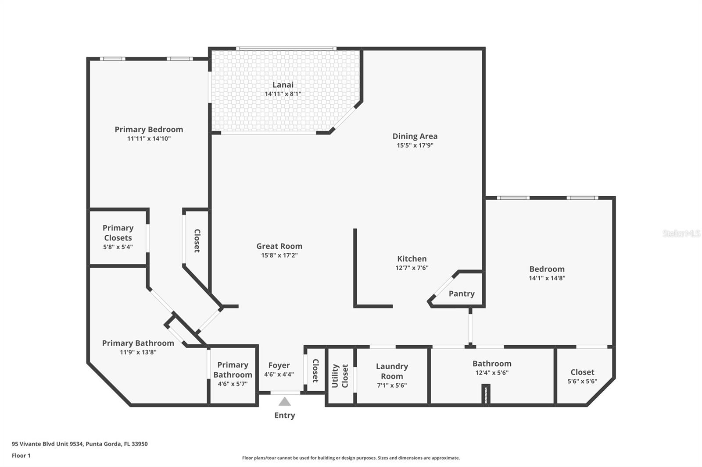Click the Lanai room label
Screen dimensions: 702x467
283,85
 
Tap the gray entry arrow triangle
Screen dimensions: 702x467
285,401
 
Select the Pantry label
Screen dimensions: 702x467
462,294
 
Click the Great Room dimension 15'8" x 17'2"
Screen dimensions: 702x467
279,255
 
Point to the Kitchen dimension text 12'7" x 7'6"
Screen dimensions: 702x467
412,268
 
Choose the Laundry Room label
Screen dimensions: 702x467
392,371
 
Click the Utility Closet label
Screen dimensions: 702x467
340,375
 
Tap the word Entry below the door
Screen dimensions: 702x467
285,415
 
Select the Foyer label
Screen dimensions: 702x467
279,365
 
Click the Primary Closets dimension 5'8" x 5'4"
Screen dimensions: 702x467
118,247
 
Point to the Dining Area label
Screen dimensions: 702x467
415,136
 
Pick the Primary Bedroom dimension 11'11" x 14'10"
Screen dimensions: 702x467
149,138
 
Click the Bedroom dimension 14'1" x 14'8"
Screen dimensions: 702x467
547,278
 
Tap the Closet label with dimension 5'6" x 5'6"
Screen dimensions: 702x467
582,372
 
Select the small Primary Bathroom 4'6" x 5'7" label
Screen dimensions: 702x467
233,374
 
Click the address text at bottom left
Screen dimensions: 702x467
79,443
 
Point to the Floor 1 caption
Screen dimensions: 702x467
21,456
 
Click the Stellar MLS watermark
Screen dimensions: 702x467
681,233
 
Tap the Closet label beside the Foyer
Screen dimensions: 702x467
315,371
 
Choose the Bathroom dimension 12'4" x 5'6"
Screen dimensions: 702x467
492,372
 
